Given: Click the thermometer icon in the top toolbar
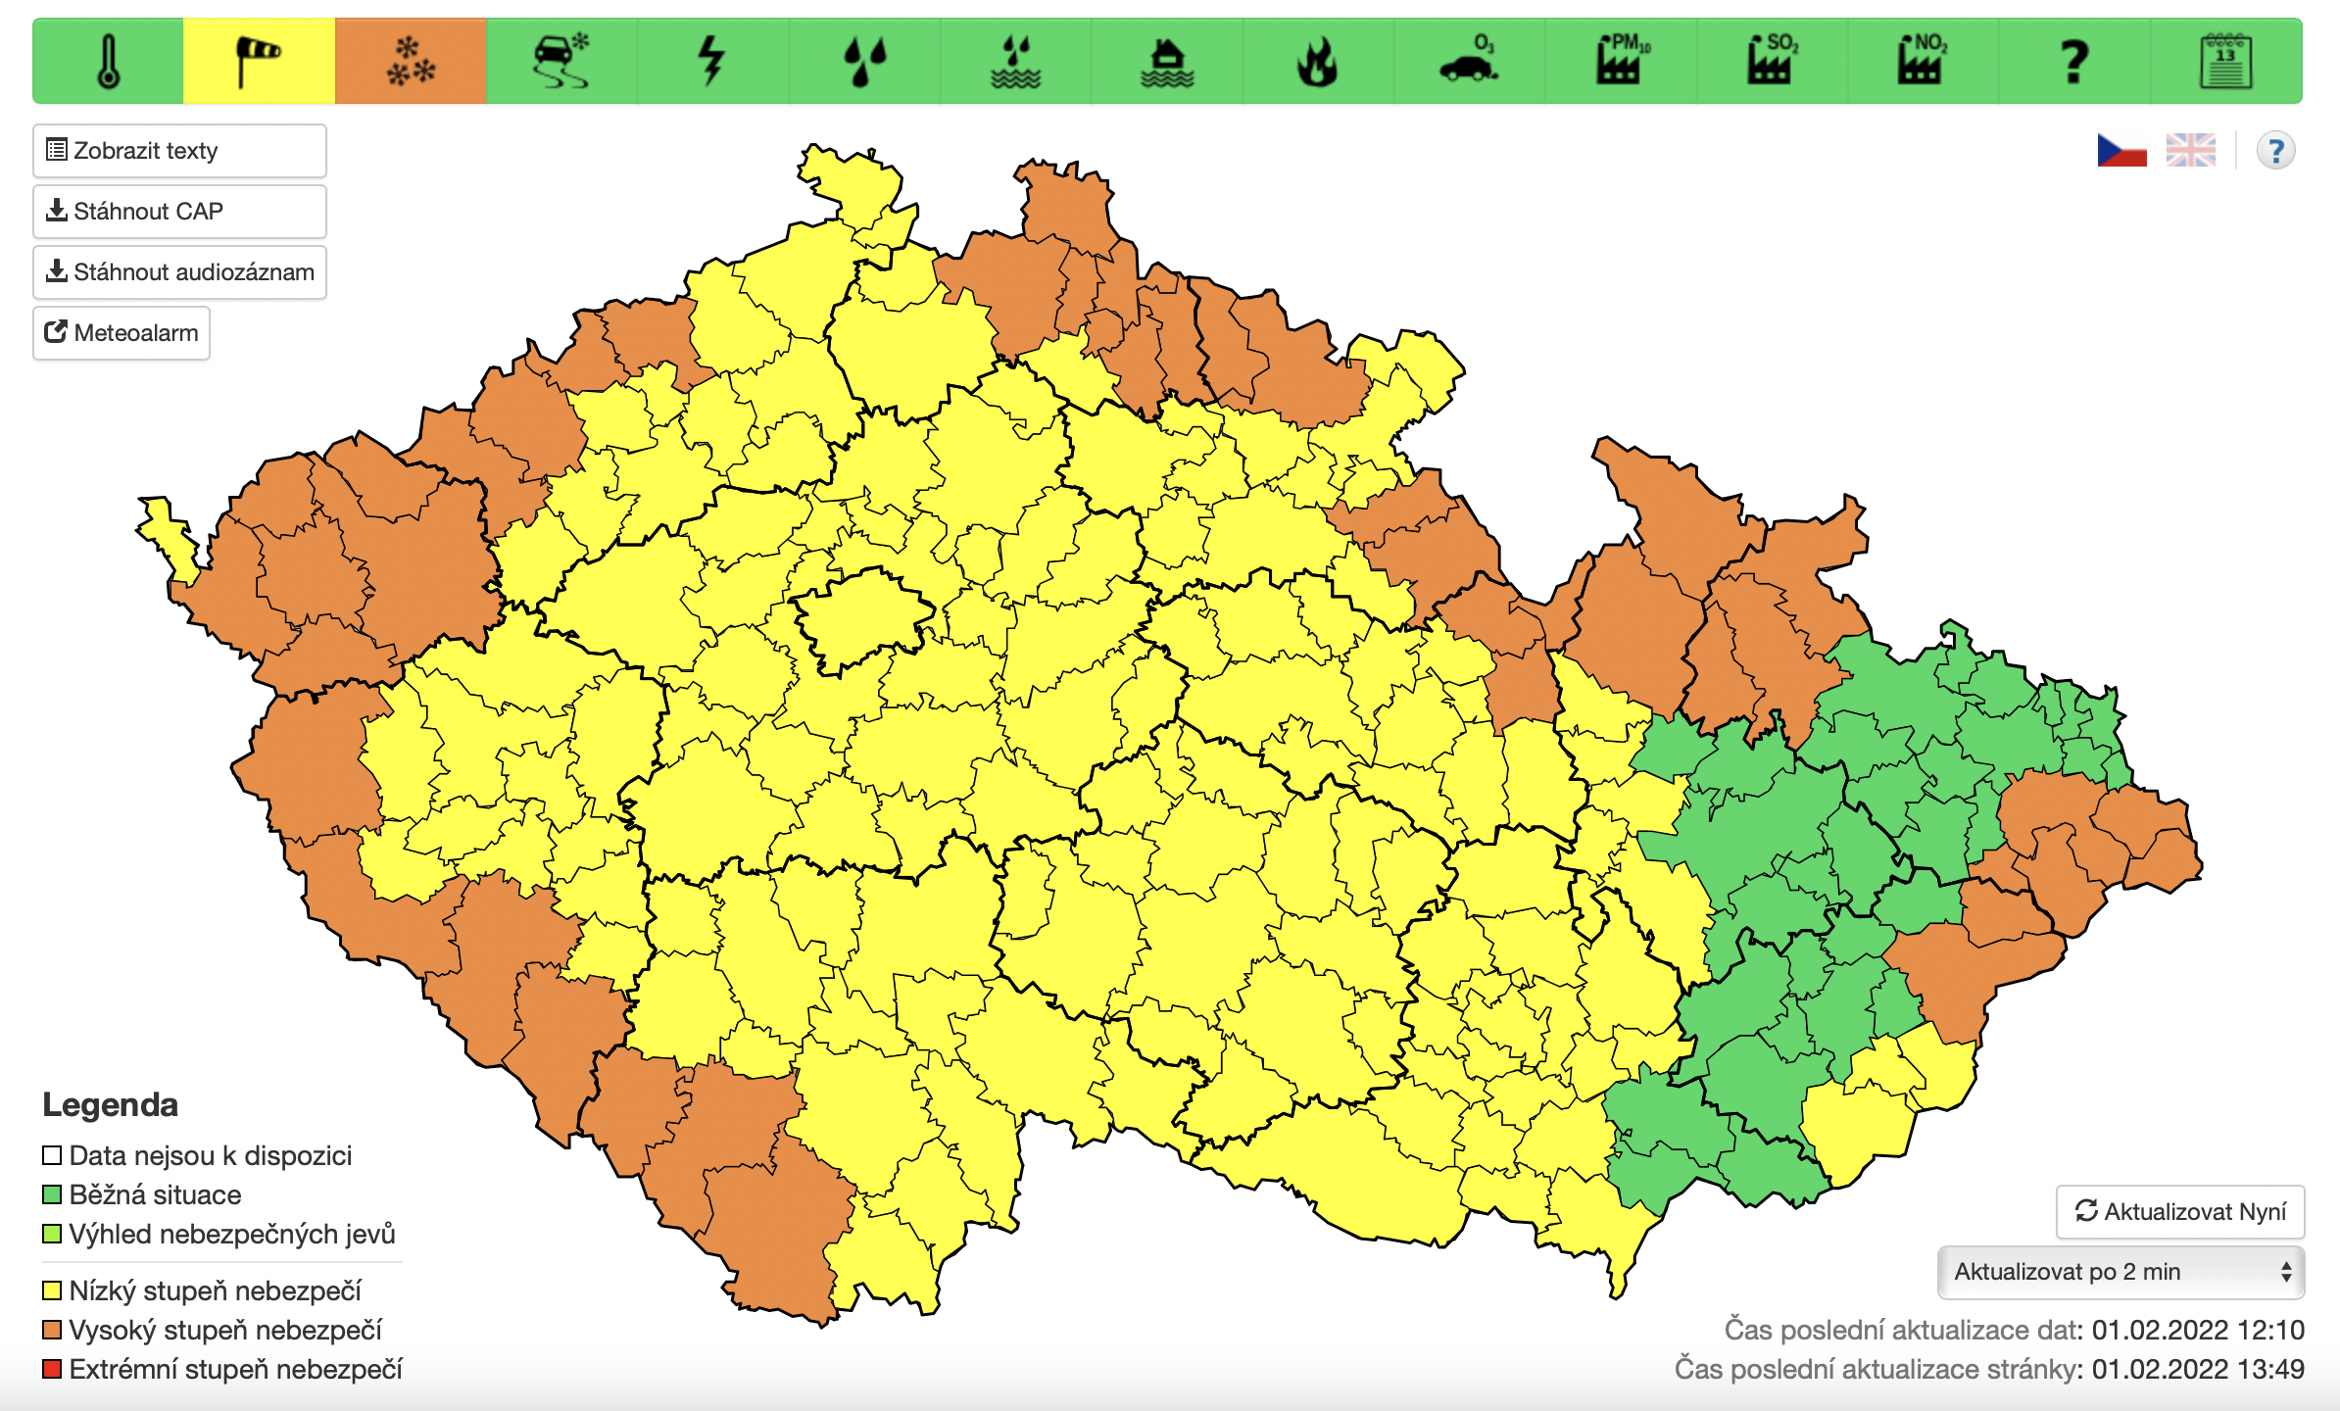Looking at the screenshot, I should click(109, 61).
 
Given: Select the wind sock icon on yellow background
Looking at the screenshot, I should click(259, 61).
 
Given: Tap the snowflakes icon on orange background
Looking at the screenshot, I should click(411, 61).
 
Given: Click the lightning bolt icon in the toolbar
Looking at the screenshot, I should click(712, 61).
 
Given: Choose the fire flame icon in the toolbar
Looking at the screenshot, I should click(1317, 61).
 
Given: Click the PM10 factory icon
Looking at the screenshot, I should click(1621, 61).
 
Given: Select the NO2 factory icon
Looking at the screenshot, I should click(1923, 61).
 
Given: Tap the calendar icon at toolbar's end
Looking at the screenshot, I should click(2225, 61).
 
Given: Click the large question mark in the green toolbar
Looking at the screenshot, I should click(2073, 61).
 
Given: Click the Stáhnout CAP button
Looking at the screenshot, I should click(179, 212).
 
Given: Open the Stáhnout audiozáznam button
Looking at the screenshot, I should click(179, 272).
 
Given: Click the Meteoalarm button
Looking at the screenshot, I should click(122, 333).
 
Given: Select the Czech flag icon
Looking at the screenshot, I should click(2121, 151).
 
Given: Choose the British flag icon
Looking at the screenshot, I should click(2190, 151).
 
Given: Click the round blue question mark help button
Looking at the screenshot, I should click(2275, 151).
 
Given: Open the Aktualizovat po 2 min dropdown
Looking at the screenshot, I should click(2121, 1272).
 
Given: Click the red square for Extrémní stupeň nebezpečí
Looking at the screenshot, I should click(53, 1369).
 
